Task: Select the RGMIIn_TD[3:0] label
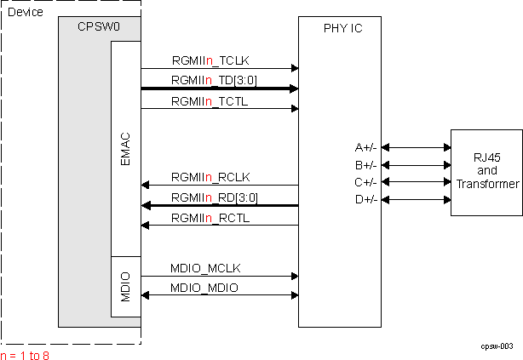pyautogui.click(x=214, y=80)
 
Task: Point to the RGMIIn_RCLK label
pyautogui.click(x=210, y=176)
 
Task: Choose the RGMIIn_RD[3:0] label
pyautogui.click(x=214, y=197)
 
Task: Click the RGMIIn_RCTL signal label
pyautogui.click(x=209, y=218)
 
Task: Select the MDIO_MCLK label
pyautogui.click(x=205, y=268)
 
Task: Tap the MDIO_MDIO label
pyautogui.click(x=204, y=289)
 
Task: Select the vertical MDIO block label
pyautogui.click(x=126, y=285)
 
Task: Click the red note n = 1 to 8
pyautogui.click(x=26, y=354)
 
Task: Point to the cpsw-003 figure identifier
pyautogui.click(x=496, y=346)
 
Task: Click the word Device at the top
pyautogui.click(x=25, y=12)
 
